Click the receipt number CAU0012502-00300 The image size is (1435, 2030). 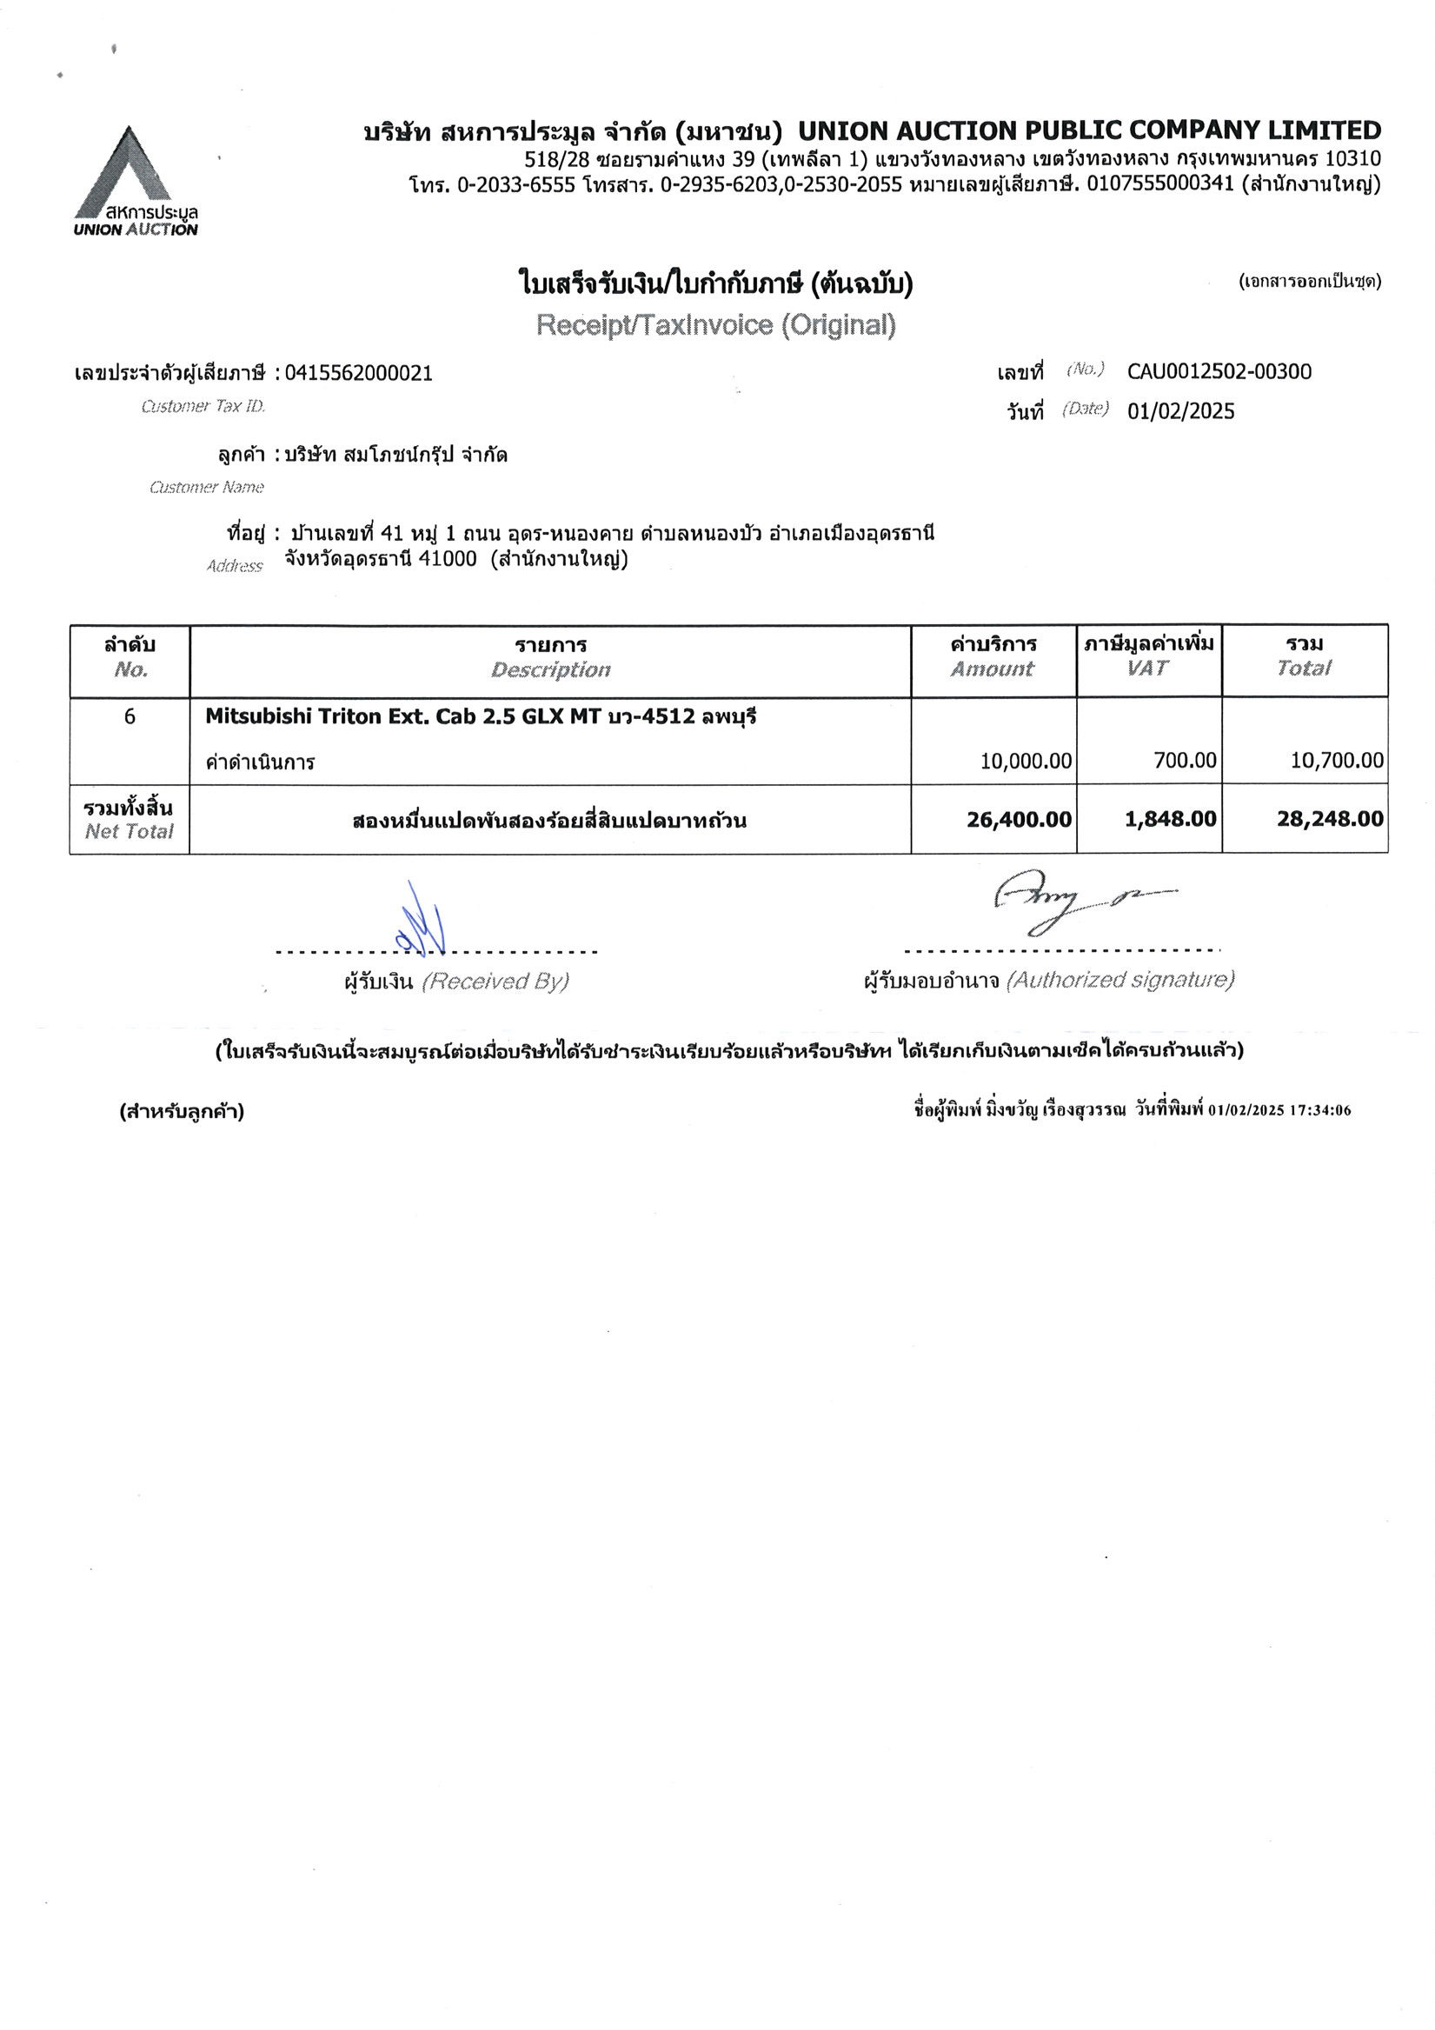click(x=1219, y=371)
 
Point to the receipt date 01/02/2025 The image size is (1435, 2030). click(x=1180, y=411)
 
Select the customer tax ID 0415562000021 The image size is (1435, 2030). click(x=358, y=373)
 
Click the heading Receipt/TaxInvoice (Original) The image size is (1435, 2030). click(x=715, y=325)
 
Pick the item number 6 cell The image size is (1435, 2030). click(x=130, y=717)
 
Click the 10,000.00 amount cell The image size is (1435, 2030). click(x=1026, y=761)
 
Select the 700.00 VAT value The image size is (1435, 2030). click(x=1185, y=761)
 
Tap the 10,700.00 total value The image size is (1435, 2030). click(x=1337, y=761)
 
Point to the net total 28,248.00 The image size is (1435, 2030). click(x=1330, y=819)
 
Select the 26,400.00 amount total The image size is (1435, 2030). click(x=1019, y=819)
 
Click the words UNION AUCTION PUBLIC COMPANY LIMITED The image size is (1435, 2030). click(x=1089, y=131)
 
